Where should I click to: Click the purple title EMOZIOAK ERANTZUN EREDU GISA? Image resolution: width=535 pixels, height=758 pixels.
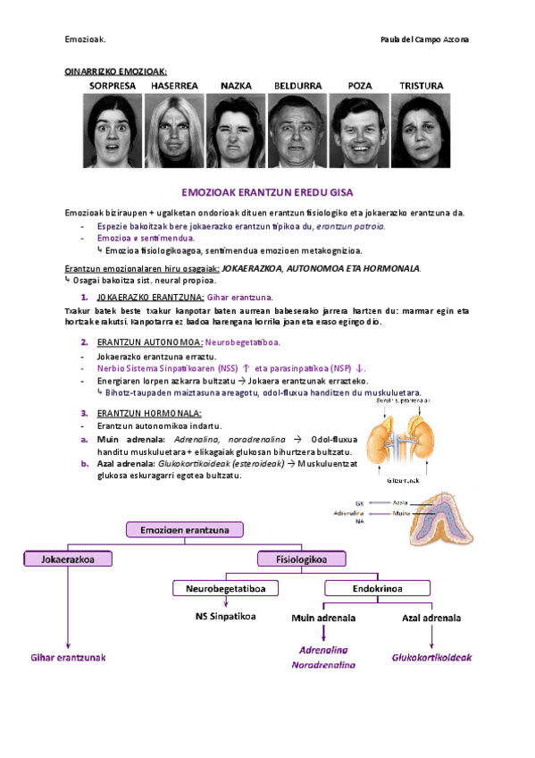(x=268, y=193)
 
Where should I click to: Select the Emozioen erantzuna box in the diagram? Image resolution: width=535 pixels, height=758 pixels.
(x=185, y=530)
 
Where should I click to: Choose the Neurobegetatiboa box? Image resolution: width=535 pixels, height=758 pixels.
(x=225, y=588)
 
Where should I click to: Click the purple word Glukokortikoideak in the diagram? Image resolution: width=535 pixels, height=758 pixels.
(x=431, y=657)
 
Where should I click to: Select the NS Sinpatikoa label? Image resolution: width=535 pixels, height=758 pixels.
(x=226, y=617)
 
